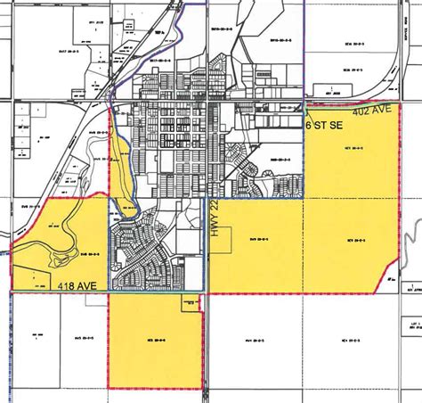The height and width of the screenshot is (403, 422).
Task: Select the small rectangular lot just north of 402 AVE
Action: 334,89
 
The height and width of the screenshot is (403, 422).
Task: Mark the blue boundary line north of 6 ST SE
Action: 304,53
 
